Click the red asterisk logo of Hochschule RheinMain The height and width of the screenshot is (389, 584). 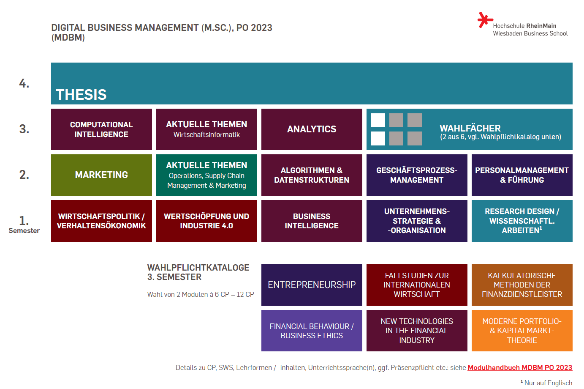coord(485,20)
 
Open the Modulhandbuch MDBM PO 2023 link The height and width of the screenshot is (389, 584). coord(520,367)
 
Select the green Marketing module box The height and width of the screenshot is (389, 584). coord(101,175)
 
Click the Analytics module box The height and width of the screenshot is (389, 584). coord(312,129)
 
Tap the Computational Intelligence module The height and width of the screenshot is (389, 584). coord(101,129)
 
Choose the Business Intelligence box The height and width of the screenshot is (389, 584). coord(312,221)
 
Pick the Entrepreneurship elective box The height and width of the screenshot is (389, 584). coord(312,285)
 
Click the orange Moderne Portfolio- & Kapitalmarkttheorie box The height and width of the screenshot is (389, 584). coord(522,331)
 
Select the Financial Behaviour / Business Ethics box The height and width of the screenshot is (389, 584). coord(312,331)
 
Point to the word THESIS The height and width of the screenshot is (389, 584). coord(81,95)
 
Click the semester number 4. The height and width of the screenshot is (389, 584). coord(24,84)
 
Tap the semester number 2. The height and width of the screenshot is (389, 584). coord(24,175)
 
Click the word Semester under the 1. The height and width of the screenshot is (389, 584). coord(24,231)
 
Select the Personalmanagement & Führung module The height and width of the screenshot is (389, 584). coord(522,175)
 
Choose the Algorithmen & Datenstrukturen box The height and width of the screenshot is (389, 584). coord(312,175)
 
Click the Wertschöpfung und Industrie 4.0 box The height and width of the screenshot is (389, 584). coord(206,221)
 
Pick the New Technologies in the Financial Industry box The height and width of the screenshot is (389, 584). coord(417,331)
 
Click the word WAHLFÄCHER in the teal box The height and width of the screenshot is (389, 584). coord(470,129)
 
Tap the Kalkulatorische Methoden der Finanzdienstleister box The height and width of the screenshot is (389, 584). coord(522,285)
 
